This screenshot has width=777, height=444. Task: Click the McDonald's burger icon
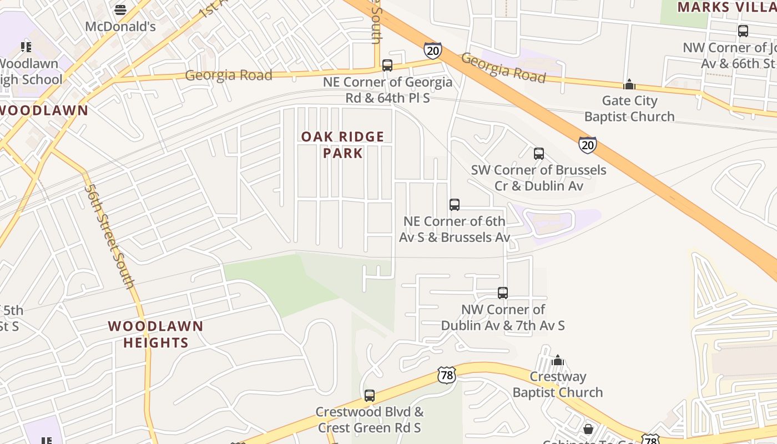coord(120,9)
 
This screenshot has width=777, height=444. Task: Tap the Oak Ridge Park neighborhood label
coord(342,145)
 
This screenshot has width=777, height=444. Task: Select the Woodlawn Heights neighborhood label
coord(155,334)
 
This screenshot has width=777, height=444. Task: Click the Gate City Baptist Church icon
coord(629,84)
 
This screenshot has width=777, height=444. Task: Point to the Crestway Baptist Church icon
coord(558,360)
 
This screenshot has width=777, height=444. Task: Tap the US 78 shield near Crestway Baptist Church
coord(446,375)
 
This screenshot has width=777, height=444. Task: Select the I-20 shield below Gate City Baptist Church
coord(587,145)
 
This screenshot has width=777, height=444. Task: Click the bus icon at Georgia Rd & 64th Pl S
coord(387,65)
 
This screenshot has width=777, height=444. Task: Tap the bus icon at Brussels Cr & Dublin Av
coord(538,154)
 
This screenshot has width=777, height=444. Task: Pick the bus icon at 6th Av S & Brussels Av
coord(454,205)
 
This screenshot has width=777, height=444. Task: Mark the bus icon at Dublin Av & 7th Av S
coord(502,293)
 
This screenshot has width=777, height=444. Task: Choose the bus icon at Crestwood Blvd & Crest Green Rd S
coord(369,396)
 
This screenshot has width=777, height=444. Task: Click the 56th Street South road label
coord(109,236)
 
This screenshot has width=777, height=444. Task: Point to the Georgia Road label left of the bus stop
coord(229,75)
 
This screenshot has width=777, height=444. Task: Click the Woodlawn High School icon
coord(26,47)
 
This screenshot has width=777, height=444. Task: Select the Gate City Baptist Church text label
coord(629,109)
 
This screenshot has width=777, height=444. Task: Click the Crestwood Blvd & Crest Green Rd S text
coord(369,420)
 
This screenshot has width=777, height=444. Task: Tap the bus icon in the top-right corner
coord(743,31)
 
